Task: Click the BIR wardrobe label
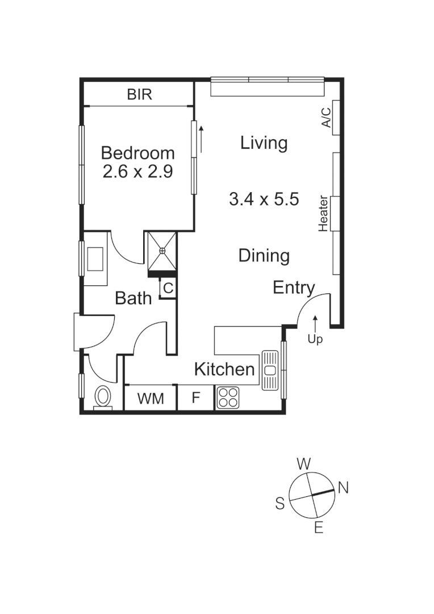point(139,94)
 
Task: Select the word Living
point(264,143)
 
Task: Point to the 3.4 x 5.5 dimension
point(264,199)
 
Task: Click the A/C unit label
point(327,117)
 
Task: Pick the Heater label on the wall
point(323,213)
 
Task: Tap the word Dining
point(264,256)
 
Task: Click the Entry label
point(293,288)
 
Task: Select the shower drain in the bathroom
point(162,250)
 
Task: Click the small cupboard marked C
point(168,288)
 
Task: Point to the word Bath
point(133,298)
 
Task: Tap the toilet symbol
point(103,396)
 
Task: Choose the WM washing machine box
point(151,398)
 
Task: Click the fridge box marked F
point(196,398)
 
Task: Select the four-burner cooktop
point(229,397)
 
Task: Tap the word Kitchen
point(224,370)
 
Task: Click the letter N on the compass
point(343,487)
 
